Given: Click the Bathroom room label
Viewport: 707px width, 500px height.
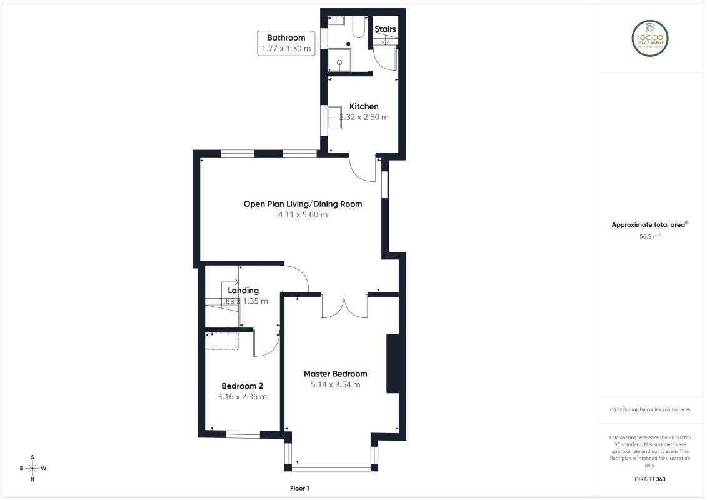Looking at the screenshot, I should coord(286,37).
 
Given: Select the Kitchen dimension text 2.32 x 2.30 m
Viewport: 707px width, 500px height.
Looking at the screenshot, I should coord(364,117).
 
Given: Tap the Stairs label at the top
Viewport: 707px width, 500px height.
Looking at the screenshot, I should coord(385,29).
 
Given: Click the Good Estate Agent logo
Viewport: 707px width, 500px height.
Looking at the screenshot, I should coord(650,38).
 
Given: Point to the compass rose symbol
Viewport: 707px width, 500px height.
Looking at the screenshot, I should coord(33,468).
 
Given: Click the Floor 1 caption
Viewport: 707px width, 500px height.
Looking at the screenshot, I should coord(300,487).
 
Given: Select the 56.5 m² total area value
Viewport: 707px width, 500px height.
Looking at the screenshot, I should coord(650,237).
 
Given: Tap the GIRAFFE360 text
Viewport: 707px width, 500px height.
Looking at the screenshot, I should coord(650,479).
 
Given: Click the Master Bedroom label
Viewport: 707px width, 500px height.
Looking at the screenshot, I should coord(336,374).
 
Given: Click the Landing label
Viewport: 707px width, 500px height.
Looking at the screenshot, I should coord(243,291).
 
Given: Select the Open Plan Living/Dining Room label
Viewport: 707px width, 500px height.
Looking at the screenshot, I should coord(303,204).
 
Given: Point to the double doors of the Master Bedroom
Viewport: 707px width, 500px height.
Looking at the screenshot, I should coord(343,306).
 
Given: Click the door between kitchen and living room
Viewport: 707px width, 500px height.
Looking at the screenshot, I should coord(361,167).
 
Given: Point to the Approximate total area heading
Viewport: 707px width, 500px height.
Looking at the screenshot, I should coord(650,224).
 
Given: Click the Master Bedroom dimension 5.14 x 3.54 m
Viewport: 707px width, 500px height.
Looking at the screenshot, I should coord(336,385).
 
